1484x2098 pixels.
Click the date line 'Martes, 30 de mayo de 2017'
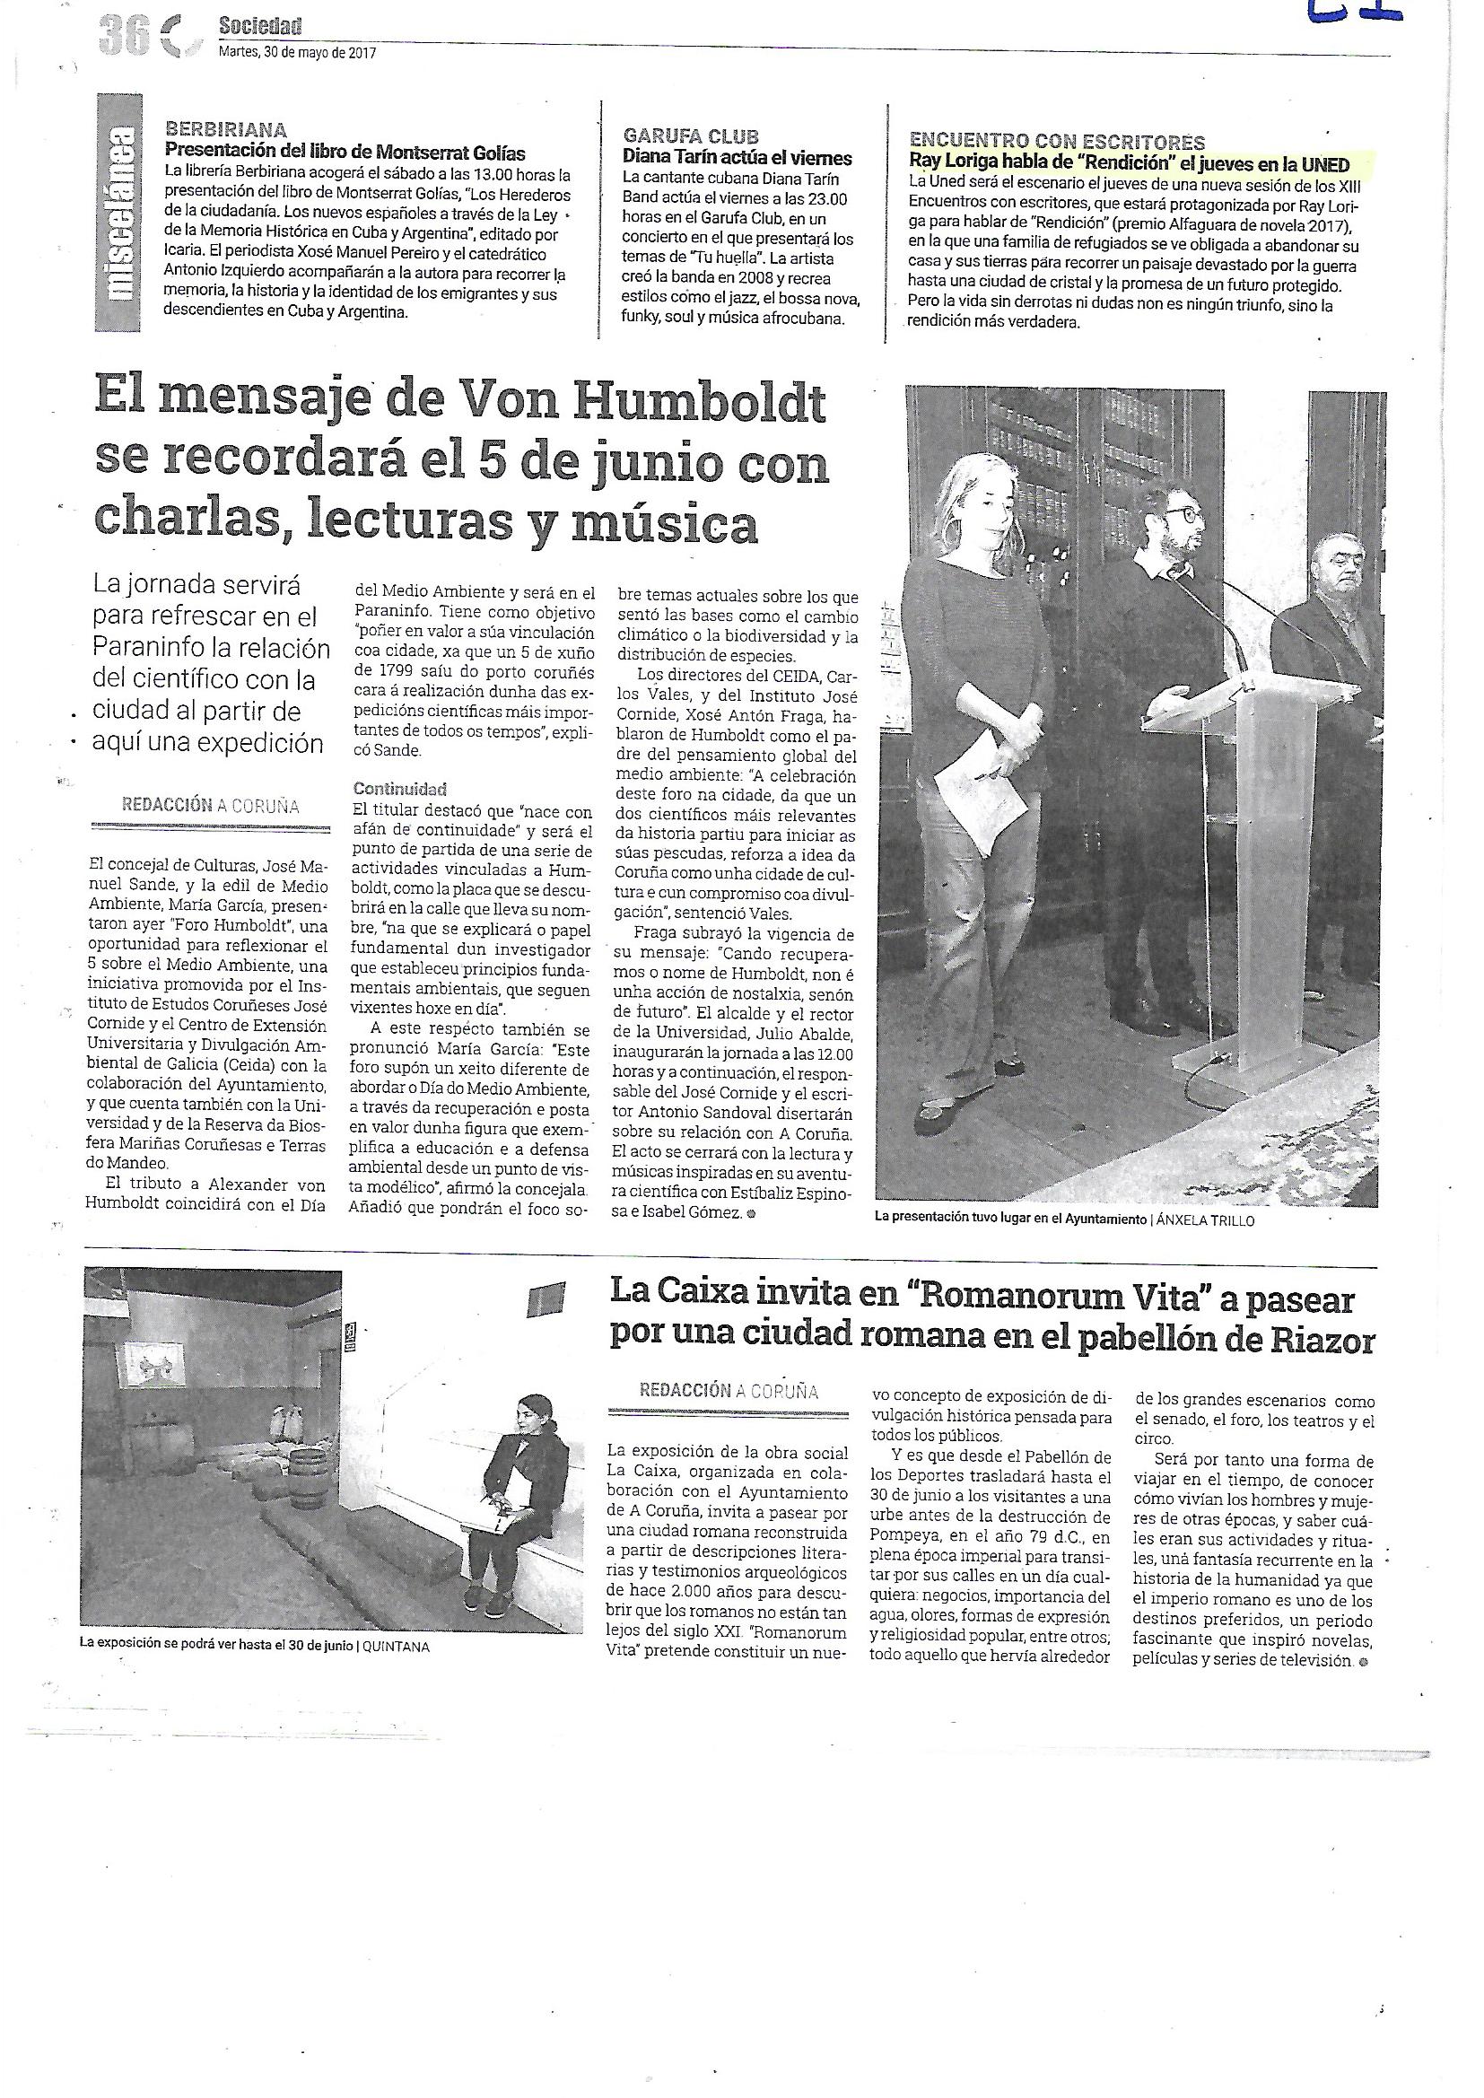pos(297,53)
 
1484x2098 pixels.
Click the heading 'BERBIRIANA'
pos(225,131)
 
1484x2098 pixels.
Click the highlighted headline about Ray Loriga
pos(1129,164)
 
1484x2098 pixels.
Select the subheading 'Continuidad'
pos(399,789)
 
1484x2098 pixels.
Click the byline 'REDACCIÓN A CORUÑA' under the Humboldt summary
pos(210,805)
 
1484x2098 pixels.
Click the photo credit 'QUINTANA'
pos(396,1646)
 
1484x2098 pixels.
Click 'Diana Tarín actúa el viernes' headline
pos(737,158)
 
